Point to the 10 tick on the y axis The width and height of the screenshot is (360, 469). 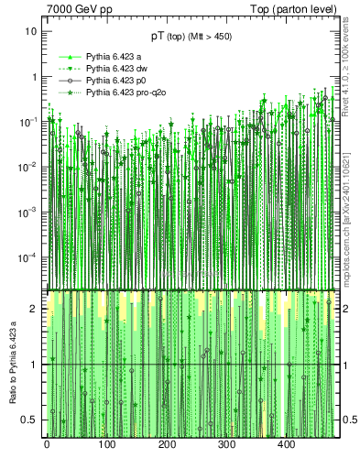pos(31,31)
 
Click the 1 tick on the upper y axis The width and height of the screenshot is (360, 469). pos(34,76)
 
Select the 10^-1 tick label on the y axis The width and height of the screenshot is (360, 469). pos(28,121)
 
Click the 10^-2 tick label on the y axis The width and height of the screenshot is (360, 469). pos(28,166)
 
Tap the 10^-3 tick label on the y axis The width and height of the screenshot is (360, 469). pos(28,211)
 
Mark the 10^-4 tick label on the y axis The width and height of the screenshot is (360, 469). pos(28,256)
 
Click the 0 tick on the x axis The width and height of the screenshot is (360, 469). pos(47,446)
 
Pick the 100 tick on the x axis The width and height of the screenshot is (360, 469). pos(106,446)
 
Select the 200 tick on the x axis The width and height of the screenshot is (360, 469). pos(167,446)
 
